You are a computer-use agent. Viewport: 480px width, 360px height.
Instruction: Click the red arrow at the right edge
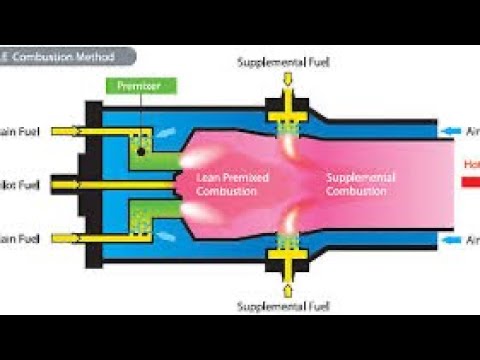pyautogui.click(x=469, y=184)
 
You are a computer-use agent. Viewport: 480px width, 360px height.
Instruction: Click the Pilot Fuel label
pyautogui.click(x=20, y=186)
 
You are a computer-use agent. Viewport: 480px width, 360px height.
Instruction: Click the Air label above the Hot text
pyautogui.click(x=472, y=131)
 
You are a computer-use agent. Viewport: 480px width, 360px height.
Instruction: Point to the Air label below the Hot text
pyautogui.click(x=472, y=241)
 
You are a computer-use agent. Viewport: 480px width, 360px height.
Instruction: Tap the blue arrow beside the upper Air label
pyautogui.click(x=453, y=131)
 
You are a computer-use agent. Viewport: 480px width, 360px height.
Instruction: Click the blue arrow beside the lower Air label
pyautogui.click(x=453, y=241)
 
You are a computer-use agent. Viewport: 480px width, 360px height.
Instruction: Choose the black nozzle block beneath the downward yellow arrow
pyautogui.click(x=287, y=108)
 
